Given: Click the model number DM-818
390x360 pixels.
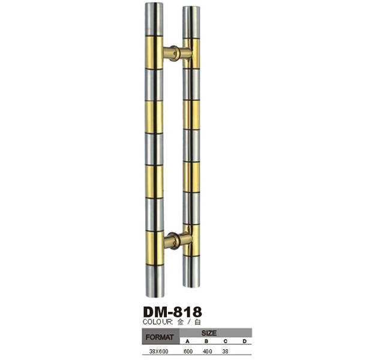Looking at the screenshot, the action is pos(172,311).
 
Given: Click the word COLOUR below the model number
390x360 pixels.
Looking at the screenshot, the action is pos(158,322).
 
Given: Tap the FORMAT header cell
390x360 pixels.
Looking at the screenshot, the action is pos(160,337).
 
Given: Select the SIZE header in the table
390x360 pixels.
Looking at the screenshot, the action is pos(209,333).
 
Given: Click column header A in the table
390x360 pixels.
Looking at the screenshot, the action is pos(188,341).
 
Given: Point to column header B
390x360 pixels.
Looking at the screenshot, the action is pos(206,341).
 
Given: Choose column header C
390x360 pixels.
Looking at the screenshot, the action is pos(226,341).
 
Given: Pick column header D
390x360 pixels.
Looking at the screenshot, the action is pos(244,341).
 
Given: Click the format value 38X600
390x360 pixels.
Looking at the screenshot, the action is pos(158,351).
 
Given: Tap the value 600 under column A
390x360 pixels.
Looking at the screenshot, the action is pos(188,351).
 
